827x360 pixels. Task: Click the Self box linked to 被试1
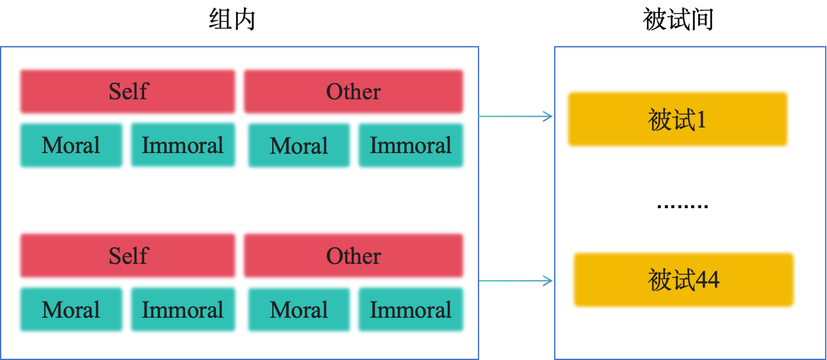(x=127, y=92)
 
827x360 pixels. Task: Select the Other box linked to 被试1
(x=353, y=92)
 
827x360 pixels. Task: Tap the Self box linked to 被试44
(x=127, y=256)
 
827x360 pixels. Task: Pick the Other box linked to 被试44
(x=353, y=256)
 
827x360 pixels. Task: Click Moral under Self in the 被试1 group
(x=71, y=145)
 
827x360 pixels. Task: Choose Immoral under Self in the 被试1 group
(x=183, y=145)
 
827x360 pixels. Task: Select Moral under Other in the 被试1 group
(x=299, y=145)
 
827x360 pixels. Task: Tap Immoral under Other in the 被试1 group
(x=411, y=145)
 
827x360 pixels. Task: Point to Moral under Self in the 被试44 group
(x=71, y=310)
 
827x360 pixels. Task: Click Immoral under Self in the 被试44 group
(x=183, y=310)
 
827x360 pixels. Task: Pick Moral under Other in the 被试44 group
(x=299, y=310)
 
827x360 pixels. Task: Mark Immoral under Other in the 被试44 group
(x=411, y=310)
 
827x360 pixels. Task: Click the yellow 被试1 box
(x=677, y=119)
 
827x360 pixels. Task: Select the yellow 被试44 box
(x=684, y=280)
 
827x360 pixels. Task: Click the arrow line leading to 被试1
(x=512, y=117)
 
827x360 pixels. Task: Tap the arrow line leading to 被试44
(x=512, y=281)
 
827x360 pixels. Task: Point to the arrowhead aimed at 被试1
(x=549, y=117)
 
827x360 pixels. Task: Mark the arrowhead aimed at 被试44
(x=549, y=281)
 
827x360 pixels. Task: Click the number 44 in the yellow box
(x=707, y=280)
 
